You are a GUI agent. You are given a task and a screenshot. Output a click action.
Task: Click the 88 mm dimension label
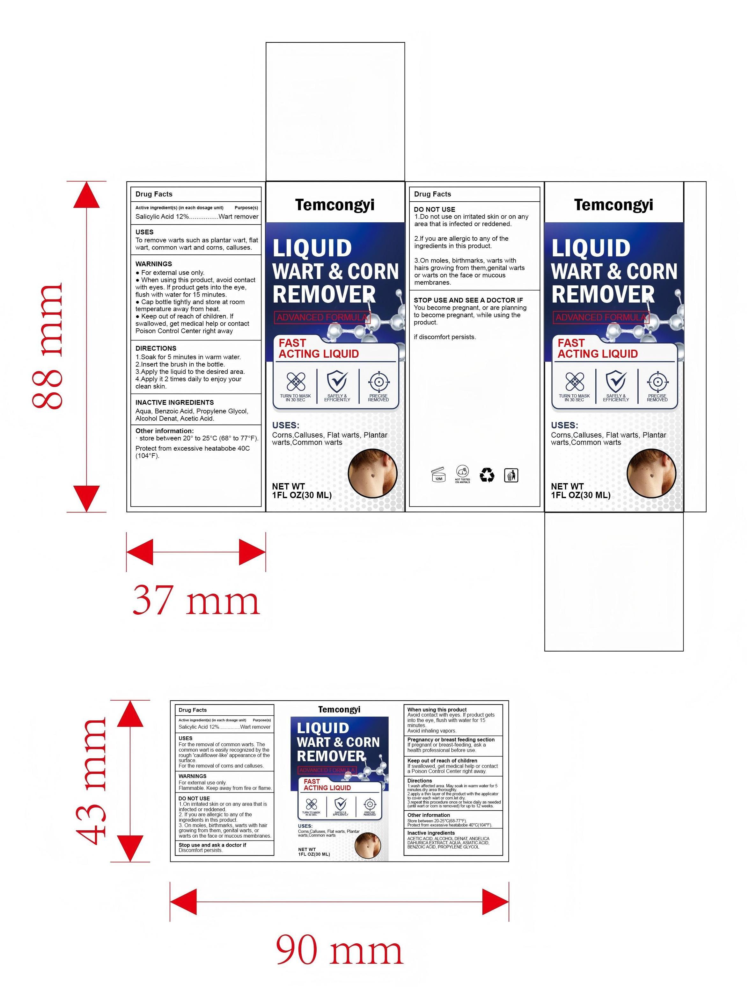tap(48, 346)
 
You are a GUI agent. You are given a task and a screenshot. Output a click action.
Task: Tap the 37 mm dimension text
tap(196, 601)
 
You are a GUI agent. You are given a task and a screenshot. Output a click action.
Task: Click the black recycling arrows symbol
tap(487, 475)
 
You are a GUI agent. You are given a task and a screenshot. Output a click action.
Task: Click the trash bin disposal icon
tap(511, 476)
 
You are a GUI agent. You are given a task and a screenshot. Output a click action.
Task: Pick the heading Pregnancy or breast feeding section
tap(451, 739)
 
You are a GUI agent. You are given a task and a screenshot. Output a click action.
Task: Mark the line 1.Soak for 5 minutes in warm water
tap(188, 357)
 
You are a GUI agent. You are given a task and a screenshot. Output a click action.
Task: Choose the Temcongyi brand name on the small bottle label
tap(339, 710)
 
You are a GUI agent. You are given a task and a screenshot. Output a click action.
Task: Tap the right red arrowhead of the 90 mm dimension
tap(496, 902)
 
